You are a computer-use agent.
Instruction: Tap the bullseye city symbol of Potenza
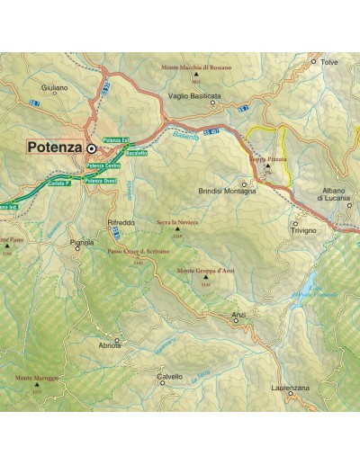tap(92, 146)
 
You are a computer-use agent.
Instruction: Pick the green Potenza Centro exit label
tap(103, 168)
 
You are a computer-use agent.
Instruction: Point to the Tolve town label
tap(330, 63)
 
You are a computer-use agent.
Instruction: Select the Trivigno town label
tap(302, 231)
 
